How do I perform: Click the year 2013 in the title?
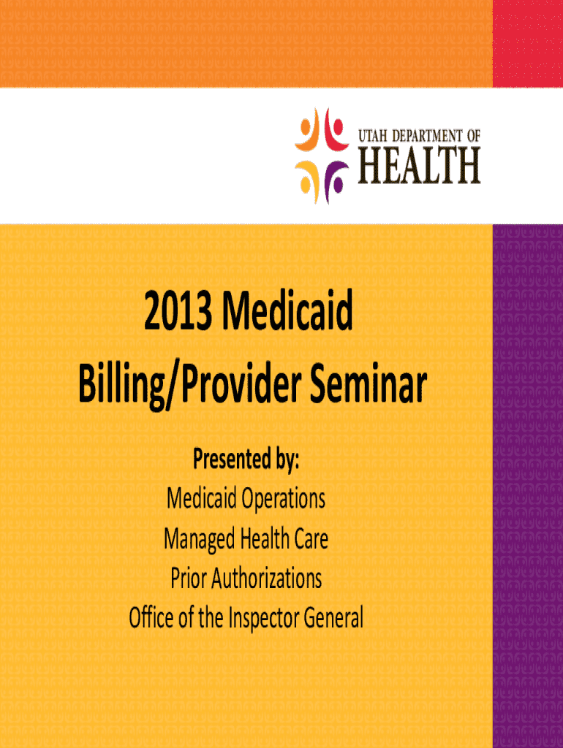pos(178,311)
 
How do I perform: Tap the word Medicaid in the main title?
pos(287,310)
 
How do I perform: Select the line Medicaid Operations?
pos(246,499)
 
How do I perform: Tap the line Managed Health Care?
pos(246,539)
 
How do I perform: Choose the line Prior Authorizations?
pos(246,579)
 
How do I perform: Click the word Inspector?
pos(264,619)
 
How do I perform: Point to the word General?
pos(333,618)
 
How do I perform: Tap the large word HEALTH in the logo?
pos(419,165)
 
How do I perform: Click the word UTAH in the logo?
pos(373,136)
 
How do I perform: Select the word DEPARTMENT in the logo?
pos(428,136)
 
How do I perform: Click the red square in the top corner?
pos(528,43)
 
